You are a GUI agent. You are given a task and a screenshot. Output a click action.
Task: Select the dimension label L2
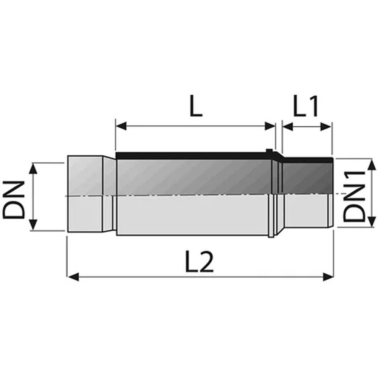(199, 261)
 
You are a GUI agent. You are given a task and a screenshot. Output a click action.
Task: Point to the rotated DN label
(14, 200)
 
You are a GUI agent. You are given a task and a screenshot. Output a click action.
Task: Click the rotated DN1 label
(355, 196)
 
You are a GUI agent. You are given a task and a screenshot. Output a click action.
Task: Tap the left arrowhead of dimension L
(121, 126)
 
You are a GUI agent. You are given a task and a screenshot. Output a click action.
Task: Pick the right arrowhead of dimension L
(270, 126)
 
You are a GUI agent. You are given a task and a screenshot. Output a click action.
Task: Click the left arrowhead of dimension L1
(288, 127)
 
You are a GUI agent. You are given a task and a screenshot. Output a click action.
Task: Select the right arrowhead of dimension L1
(326, 127)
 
